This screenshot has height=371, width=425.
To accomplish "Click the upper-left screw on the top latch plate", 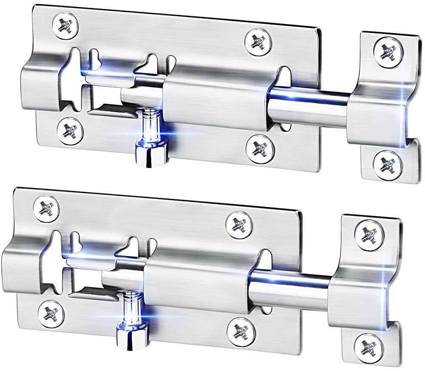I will pyautogui.click(x=66, y=26).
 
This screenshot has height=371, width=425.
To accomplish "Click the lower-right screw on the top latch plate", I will pyautogui.click(x=260, y=149).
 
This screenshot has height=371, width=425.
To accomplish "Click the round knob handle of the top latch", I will pyautogui.click(x=150, y=155).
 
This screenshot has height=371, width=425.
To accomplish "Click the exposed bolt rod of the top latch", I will pyautogui.click(x=308, y=106).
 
